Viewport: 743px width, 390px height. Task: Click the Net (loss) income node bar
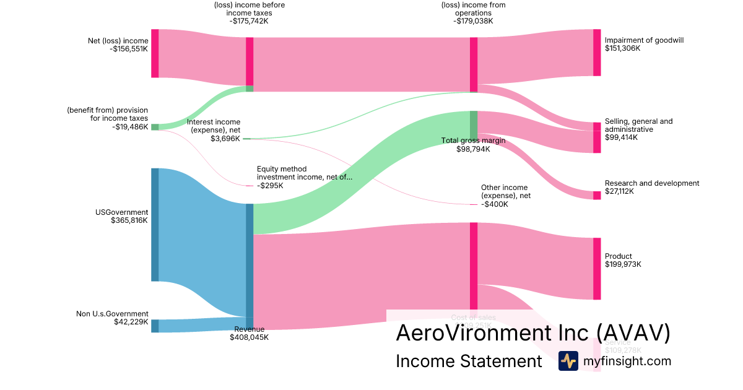click(x=155, y=53)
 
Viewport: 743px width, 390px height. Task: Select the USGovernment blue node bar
click(x=155, y=225)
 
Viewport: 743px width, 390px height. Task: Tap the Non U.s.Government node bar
click(x=155, y=326)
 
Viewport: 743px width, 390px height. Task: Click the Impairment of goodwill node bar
click(x=597, y=53)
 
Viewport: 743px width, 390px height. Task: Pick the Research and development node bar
click(x=597, y=196)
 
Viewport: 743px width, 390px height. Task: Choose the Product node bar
click(x=597, y=269)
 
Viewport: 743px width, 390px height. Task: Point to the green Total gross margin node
click(x=474, y=121)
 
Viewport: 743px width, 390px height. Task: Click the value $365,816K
click(x=129, y=220)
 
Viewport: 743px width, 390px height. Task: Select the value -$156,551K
click(x=128, y=49)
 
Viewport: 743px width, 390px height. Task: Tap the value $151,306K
click(x=622, y=48)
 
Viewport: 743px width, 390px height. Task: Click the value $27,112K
click(x=620, y=191)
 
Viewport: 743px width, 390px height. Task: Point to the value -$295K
click(x=270, y=185)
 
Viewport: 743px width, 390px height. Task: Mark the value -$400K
click(x=494, y=204)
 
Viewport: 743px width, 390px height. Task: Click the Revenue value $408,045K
click(x=249, y=337)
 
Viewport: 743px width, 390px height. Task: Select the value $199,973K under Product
click(x=623, y=264)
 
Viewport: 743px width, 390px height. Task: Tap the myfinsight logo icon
click(x=568, y=361)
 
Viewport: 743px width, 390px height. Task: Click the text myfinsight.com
click(x=627, y=361)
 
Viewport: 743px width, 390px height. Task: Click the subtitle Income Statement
click(x=469, y=361)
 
